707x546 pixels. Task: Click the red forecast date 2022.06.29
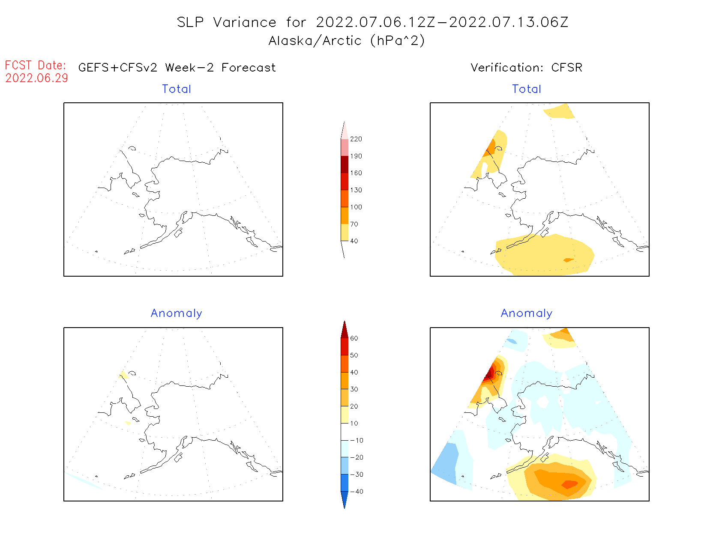click(36, 78)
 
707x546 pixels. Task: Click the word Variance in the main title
click(245, 22)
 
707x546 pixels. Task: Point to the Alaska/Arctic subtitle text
click(346, 41)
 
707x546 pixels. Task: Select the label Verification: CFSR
click(526, 68)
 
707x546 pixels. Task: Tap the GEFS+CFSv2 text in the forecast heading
click(118, 68)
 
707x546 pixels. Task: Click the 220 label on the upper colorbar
click(356, 139)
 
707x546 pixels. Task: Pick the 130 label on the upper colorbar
click(356, 190)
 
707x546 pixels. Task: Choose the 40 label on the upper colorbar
click(354, 241)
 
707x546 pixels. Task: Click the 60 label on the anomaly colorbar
click(354, 338)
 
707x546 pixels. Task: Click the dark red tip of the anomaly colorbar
click(345, 330)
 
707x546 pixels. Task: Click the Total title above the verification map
click(526, 89)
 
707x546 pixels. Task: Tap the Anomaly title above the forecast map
click(176, 313)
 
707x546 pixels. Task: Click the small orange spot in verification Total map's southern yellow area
click(568, 260)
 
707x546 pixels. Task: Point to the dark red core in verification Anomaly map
click(489, 375)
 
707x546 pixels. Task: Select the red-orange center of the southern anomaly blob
click(569, 484)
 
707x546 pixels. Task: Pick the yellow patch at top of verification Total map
click(559, 111)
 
